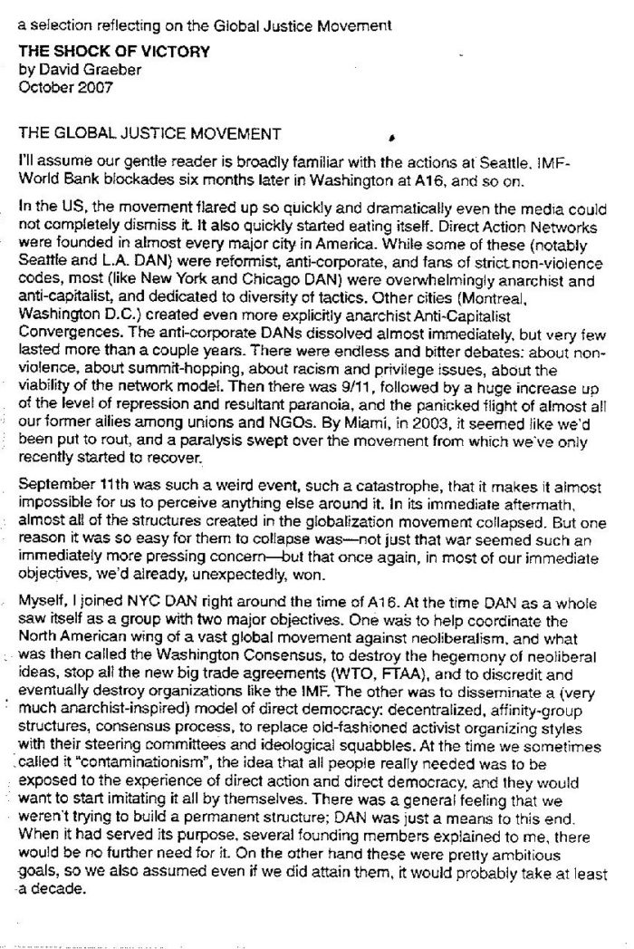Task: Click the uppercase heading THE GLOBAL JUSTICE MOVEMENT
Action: click(x=149, y=134)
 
